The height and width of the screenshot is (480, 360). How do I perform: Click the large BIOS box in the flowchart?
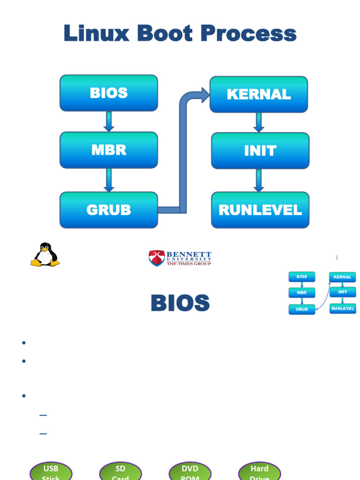(109, 93)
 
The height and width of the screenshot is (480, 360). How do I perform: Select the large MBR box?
(109, 150)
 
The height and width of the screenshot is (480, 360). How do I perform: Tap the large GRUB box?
(109, 210)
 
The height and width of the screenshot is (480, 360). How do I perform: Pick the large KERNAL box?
(259, 94)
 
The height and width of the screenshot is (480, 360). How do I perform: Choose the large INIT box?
(260, 150)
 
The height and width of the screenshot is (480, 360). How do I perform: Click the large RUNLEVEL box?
(260, 210)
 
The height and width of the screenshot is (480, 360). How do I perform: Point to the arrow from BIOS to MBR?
(109, 121)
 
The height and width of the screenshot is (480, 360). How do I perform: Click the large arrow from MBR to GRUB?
(109, 180)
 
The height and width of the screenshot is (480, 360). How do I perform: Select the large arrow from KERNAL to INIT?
(259, 122)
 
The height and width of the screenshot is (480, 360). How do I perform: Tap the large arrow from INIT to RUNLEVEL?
(259, 180)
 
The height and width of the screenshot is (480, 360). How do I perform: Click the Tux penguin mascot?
(45, 255)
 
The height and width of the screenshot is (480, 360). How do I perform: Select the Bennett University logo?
(180, 258)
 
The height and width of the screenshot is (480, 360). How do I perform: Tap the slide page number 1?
(337, 257)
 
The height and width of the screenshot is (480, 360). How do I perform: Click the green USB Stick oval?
(51, 471)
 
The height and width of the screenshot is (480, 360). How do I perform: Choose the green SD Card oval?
(120, 471)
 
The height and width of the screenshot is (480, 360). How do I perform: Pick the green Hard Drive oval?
(259, 471)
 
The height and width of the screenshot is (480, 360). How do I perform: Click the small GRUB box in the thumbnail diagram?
(302, 309)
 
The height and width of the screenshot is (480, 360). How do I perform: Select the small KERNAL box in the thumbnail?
(342, 277)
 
